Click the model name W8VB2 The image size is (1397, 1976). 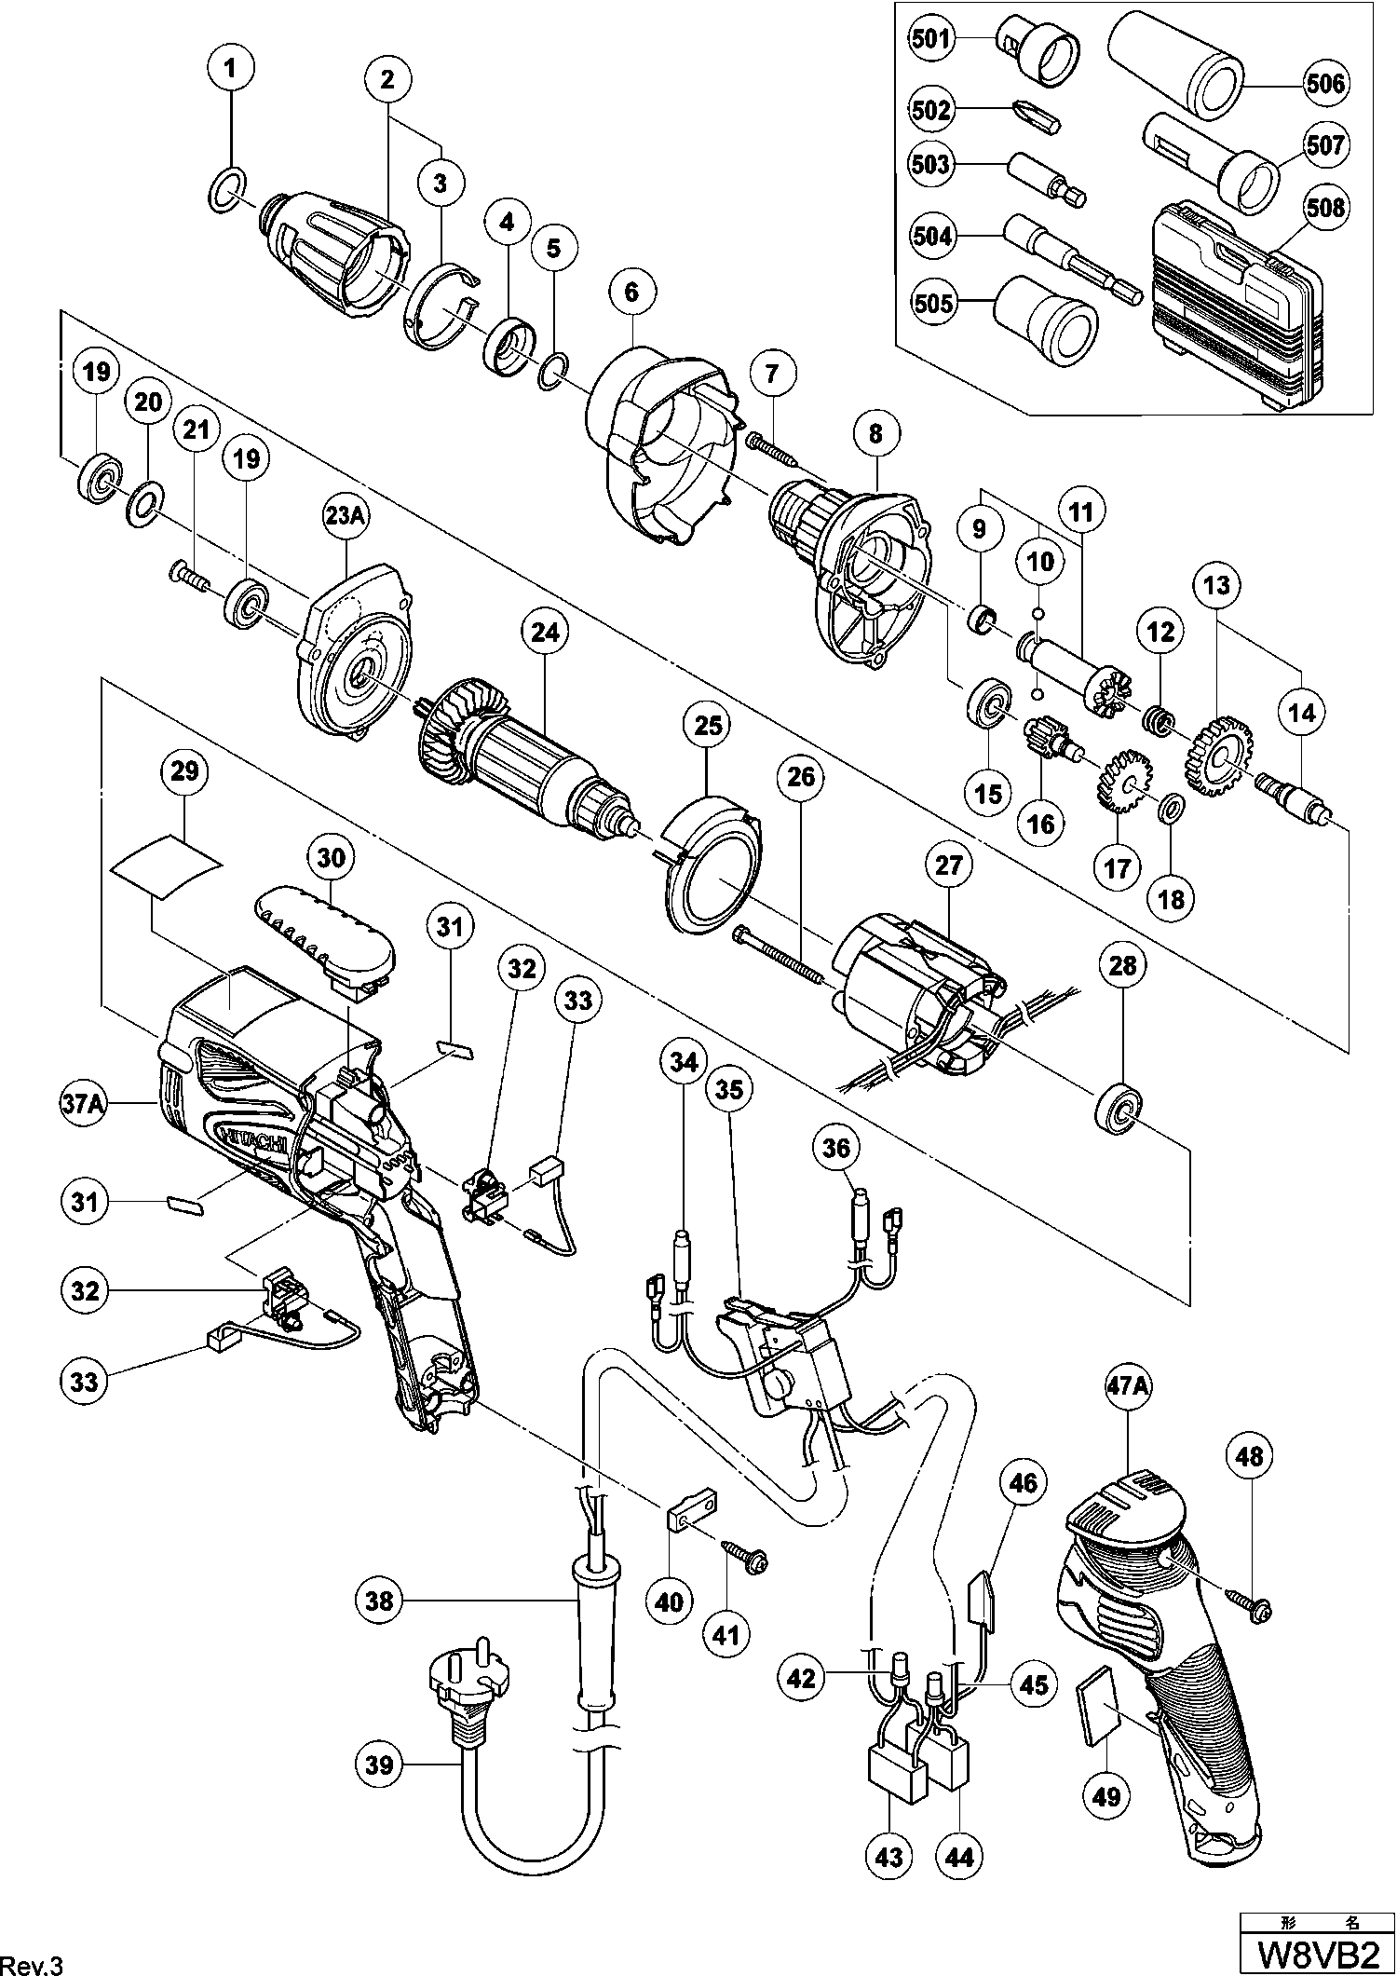click(1317, 1947)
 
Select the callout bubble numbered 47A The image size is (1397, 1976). click(1128, 1385)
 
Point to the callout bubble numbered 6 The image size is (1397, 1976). click(632, 292)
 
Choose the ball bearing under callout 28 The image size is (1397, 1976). click(1120, 1109)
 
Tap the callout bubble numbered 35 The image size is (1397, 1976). click(729, 1089)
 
